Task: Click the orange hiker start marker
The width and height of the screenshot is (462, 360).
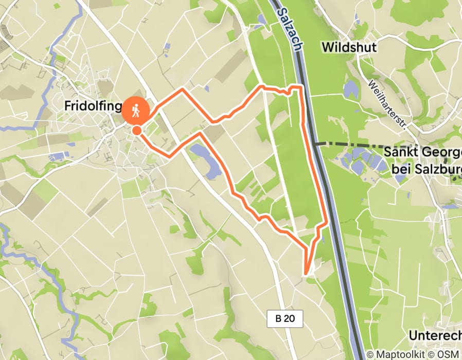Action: tap(136, 109)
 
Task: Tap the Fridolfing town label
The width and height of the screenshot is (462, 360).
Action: tap(93, 106)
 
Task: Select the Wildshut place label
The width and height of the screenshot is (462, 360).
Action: tap(349, 47)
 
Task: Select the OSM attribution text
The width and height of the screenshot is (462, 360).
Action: tap(449, 354)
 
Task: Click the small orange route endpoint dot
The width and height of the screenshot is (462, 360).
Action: tap(136, 131)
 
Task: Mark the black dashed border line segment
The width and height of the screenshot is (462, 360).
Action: tap(350, 144)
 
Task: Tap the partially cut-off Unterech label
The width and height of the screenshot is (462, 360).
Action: tap(435, 335)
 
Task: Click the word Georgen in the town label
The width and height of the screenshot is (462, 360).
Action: tap(437, 153)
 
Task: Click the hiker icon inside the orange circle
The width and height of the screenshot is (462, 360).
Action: tap(136, 109)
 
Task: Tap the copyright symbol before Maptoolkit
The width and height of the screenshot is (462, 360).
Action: tap(370, 354)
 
